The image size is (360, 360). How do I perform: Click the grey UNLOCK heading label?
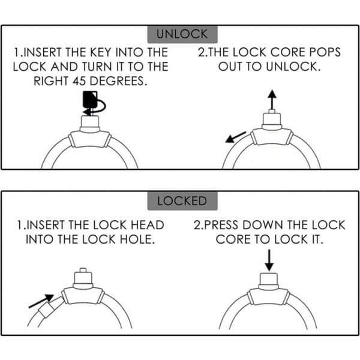[182, 34]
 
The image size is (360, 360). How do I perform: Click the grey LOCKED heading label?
[182, 200]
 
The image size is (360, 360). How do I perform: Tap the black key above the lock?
[90, 100]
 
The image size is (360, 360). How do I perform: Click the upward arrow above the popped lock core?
[272, 100]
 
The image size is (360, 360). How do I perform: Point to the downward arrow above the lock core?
[269, 260]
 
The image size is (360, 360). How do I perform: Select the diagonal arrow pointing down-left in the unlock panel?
[236, 137]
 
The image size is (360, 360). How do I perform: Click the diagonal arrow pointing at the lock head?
[41, 301]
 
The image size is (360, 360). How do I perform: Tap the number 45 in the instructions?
[79, 81]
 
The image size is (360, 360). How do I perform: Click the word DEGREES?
[118, 81]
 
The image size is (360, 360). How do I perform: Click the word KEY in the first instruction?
[101, 52]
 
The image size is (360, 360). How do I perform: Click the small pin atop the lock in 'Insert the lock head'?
[83, 270]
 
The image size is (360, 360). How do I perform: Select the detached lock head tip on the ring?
[51, 307]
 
